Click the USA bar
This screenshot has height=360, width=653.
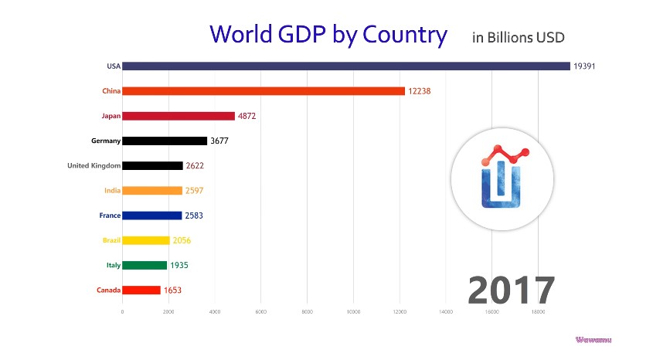345,66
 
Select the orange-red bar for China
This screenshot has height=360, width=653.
264,91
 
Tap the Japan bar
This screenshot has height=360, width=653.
179,116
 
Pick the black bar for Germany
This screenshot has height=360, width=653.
165,141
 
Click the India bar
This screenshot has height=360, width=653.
152,190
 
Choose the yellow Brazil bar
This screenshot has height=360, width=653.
146,240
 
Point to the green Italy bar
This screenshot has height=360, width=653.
145,265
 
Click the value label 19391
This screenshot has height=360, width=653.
584,66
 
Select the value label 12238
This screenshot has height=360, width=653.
420,91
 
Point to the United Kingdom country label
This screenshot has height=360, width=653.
92,165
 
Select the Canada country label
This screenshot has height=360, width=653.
107,290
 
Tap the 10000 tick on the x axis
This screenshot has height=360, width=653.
353,312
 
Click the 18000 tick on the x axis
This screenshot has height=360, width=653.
538,312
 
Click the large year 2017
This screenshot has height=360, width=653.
511,290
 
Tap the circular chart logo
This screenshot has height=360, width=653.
502,179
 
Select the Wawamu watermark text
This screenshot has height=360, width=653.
593,339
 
